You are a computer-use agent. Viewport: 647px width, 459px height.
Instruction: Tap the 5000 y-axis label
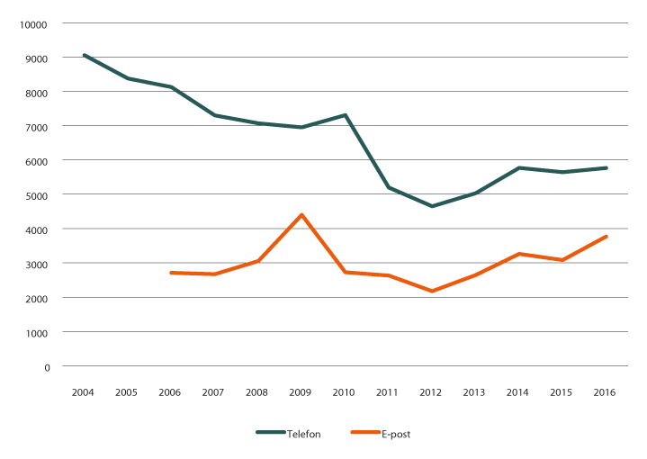37,194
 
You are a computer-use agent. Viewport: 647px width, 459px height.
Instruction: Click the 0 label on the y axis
47,366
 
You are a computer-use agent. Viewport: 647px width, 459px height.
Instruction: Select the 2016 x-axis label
606,393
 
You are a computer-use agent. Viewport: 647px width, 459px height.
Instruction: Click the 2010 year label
345,393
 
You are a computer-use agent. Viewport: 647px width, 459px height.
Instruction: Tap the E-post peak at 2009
301,214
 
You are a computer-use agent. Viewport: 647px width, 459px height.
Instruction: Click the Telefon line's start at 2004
85,55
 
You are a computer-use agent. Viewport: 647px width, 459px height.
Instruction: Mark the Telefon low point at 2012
432,206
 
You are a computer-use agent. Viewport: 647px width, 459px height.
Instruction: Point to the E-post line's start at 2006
171,273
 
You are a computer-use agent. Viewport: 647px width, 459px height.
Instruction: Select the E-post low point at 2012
432,291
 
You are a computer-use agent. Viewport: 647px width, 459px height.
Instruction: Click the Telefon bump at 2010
345,115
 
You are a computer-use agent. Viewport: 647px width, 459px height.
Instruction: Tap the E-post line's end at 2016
606,237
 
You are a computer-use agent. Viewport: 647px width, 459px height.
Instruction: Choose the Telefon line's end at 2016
606,168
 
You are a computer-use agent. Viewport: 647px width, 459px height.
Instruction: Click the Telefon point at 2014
518,168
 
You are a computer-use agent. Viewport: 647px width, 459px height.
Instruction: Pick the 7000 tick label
37,126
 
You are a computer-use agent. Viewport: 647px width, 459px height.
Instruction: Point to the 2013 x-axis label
475,393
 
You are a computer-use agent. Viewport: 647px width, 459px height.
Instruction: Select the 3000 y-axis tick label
37,264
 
